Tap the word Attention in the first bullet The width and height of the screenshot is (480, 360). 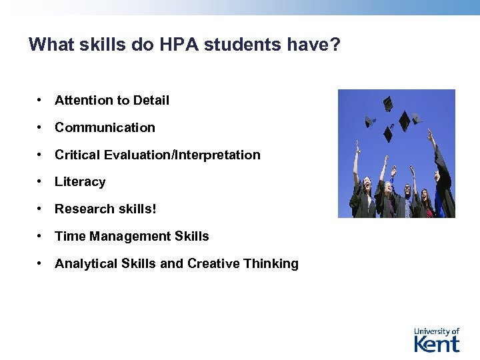tap(84, 100)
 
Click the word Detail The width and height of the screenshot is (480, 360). tap(151, 100)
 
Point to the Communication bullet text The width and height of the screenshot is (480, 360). tap(105, 127)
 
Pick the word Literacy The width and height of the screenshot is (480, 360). tap(80, 182)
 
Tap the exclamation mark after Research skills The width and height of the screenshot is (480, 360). tap(155, 209)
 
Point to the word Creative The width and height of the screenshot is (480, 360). tap(213, 264)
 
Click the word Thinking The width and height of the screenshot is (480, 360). tap(271, 264)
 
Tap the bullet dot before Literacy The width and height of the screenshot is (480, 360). tap(41, 182)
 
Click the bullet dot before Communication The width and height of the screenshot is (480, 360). tap(41, 127)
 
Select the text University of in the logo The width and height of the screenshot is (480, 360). tap(437, 331)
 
